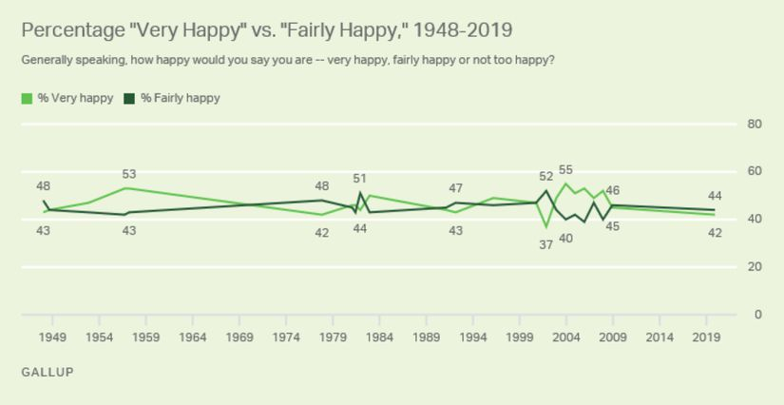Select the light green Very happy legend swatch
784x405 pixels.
click(x=27, y=98)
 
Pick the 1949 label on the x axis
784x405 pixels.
click(x=52, y=337)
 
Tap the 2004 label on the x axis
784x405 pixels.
click(x=566, y=337)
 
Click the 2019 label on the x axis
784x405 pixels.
click(x=706, y=337)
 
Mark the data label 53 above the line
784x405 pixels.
click(x=129, y=174)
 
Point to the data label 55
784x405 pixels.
click(x=565, y=170)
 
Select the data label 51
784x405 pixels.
click(x=359, y=178)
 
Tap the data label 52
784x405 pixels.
click(x=545, y=177)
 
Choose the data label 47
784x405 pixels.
click(x=455, y=188)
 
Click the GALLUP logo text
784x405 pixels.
click(x=47, y=372)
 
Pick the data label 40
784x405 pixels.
click(x=565, y=238)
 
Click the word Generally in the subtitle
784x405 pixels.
click(x=47, y=60)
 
